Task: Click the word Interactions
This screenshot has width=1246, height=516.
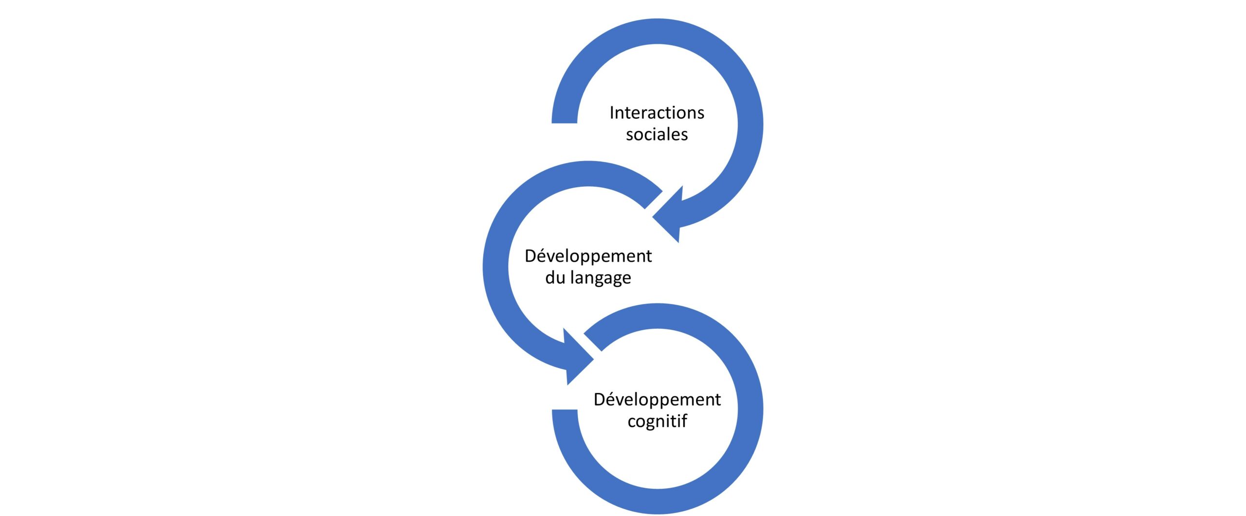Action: pyautogui.click(x=657, y=113)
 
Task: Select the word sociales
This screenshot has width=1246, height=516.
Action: pyautogui.click(x=657, y=135)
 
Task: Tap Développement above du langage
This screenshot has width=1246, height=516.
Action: pyautogui.click(x=588, y=256)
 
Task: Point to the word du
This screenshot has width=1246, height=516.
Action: pyautogui.click(x=555, y=278)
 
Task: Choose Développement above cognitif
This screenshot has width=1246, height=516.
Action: pyautogui.click(x=657, y=400)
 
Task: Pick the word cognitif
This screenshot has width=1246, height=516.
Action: pyautogui.click(x=657, y=421)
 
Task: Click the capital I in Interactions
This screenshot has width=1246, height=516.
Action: pyautogui.click(x=612, y=113)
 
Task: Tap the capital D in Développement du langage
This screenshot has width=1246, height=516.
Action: pyautogui.click(x=531, y=256)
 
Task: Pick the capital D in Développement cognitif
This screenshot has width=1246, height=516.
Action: pyautogui.click(x=600, y=400)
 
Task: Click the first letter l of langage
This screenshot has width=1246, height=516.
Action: pyautogui.click(x=573, y=277)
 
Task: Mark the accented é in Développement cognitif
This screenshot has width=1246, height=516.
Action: pyautogui.click(x=613, y=400)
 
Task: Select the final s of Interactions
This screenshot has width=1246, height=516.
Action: pyautogui.click(x=700, y=114)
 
